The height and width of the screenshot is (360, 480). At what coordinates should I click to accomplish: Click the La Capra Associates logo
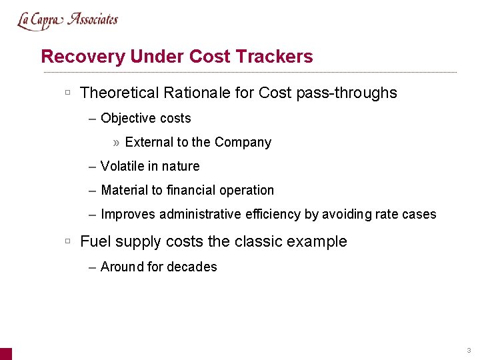pyautogui.click(x=67, y=21)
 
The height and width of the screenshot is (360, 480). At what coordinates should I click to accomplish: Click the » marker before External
pyautogui.click(x=117, y=143)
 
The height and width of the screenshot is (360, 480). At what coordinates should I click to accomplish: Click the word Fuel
pyautogui.click(x=94, y=241)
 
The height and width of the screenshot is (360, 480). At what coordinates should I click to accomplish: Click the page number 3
pyautogui.click(x=469, y=351)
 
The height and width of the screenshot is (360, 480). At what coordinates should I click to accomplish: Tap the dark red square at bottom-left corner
pyautogui.click(x=5, y=354)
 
